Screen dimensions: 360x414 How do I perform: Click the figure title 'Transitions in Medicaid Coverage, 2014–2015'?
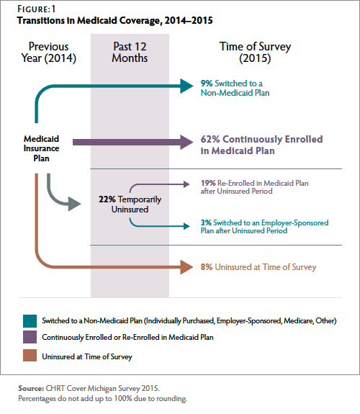(x=115, y=21)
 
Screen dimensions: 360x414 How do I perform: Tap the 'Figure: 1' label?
(x=37, y=9)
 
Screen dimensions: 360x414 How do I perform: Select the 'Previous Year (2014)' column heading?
(x=48, y=53)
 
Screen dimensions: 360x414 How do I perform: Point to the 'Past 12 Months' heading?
(x=130, y=53)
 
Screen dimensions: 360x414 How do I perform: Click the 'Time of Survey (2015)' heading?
(x=255, y=53)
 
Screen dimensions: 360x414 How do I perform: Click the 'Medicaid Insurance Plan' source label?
(x=41, y=148)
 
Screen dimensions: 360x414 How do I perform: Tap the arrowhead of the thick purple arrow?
(x=186, y=143)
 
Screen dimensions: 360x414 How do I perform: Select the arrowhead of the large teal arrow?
(x=186, y=86)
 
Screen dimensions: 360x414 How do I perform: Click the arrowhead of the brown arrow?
(x=186, y=267)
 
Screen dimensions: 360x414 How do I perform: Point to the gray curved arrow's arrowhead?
(x=74, y=204)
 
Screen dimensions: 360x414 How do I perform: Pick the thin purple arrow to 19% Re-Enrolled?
(x=159, y=184)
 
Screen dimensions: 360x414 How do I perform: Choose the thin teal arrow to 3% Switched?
(x=159, y=226)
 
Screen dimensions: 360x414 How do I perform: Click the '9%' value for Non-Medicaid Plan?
(x=207, y=84)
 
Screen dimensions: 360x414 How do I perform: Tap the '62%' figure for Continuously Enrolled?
(x=210, y=139)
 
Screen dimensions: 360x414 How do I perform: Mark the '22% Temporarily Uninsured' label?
(x=130, y=204)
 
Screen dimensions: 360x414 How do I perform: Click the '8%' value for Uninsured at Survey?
(x=207, y=267)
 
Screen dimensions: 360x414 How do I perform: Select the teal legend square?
(x=30, y=321)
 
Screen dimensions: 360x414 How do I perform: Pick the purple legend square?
(x=30, y=337)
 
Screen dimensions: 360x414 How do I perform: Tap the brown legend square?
(x=30, y=356)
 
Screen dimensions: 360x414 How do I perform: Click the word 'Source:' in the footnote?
(x=31, y=388)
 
